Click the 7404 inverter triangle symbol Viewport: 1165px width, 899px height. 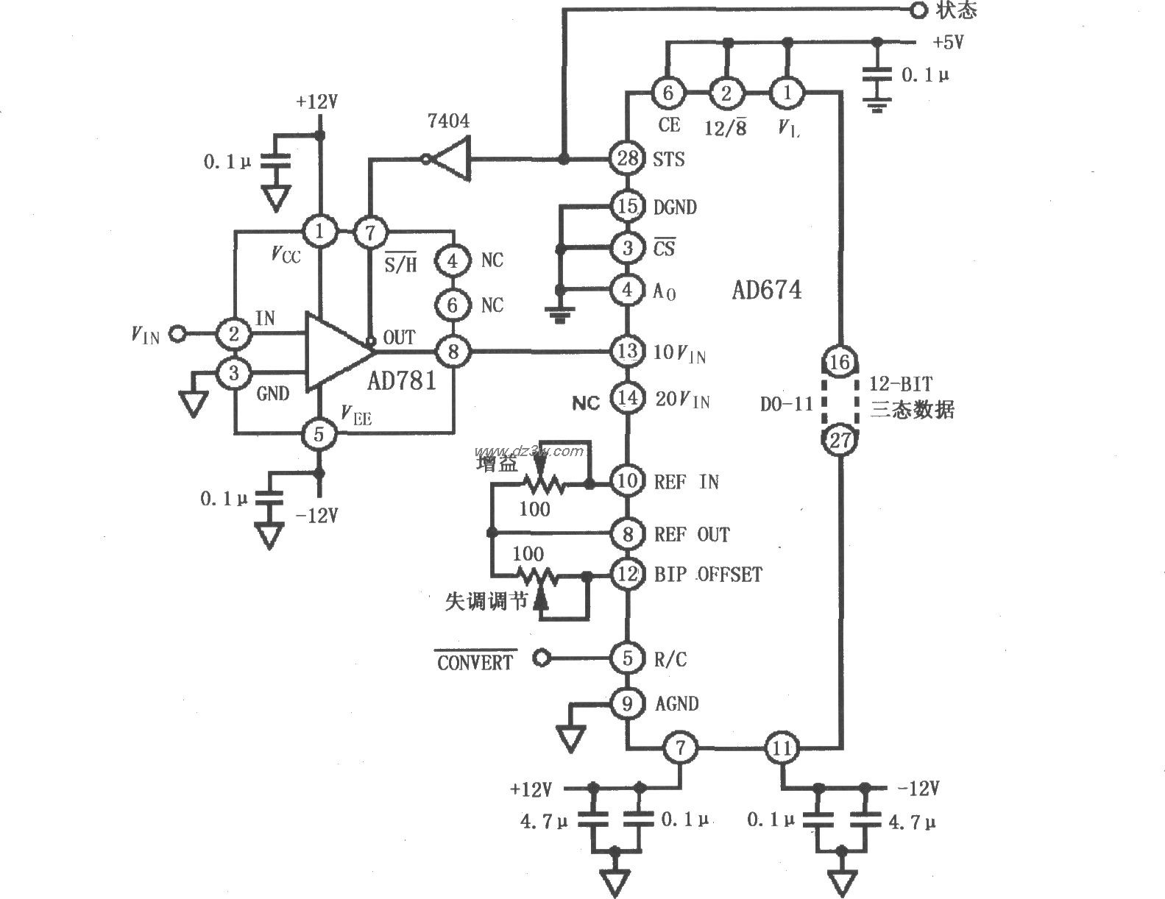450,158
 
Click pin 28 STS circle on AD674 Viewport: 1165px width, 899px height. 627,158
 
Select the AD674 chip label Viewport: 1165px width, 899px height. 766,290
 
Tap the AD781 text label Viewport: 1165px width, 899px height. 402,380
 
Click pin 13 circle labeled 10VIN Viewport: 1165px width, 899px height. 627,352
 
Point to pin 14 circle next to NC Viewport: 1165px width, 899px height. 627,399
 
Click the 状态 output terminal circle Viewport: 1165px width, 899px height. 918,10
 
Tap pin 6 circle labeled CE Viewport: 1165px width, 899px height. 668,93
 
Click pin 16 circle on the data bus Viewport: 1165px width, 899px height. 840,362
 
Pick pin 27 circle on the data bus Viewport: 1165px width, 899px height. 840,440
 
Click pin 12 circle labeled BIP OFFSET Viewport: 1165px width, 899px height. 627,574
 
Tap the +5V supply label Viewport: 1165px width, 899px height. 948,43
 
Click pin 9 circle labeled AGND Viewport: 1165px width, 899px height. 627,704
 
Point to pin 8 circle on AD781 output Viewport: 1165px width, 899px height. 453,352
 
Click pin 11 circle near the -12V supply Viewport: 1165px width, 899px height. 781,749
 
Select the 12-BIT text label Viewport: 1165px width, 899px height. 901,385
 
